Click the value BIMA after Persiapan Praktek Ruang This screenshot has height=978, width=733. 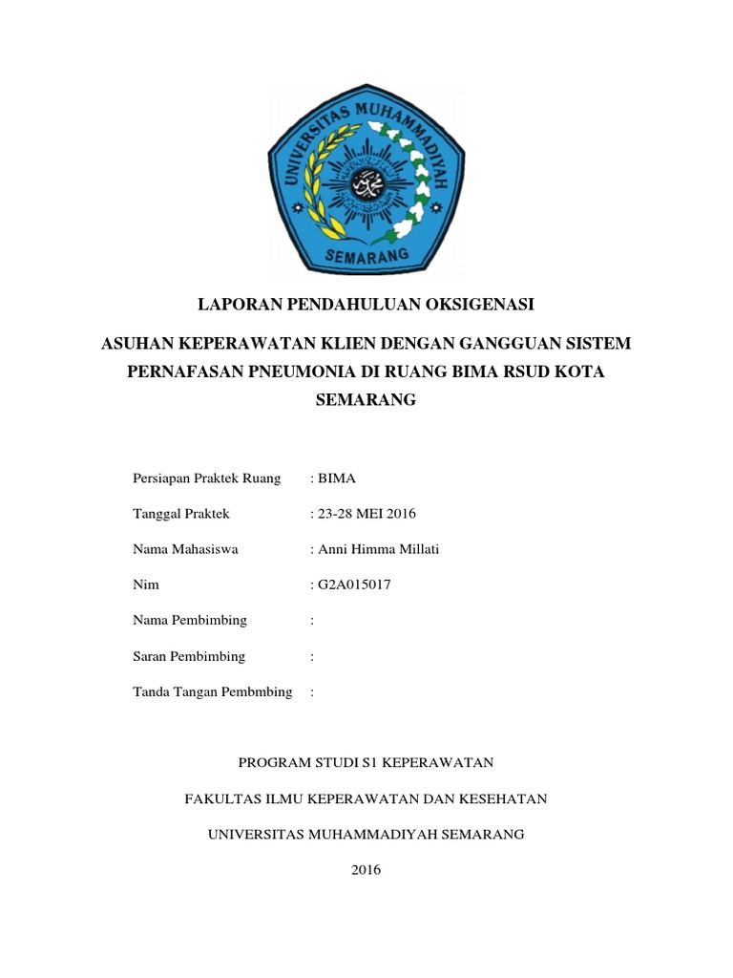(337, 478)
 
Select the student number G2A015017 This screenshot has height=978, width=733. (354, 585)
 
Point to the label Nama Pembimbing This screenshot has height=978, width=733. (190, 620)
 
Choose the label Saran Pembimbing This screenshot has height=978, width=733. (189, 656)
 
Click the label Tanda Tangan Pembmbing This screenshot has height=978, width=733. (212, 691)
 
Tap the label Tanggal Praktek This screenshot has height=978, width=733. (181, 514)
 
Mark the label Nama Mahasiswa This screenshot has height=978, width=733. (185, 549)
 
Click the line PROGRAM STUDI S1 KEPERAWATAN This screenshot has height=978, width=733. (366, 762)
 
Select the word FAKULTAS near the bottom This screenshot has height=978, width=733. (221, 798)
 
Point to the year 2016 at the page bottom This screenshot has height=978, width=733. (366, 870)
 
